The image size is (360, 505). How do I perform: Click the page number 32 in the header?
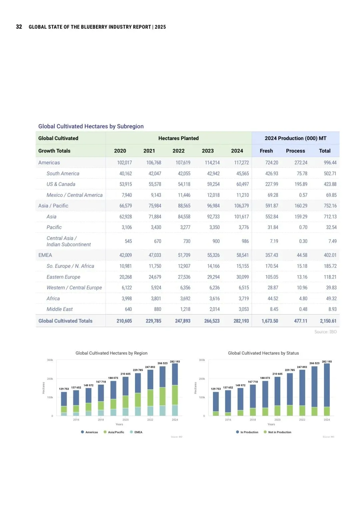(x=19, y=27)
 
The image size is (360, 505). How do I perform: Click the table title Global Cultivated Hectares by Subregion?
(x=91, y=126)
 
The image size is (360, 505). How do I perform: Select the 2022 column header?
(x=178, y=151)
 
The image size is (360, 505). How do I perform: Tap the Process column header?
(x=295, y=151)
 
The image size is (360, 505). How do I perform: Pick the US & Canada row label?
(x=61, y=184)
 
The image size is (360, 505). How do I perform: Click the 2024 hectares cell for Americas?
(x=241, y=163)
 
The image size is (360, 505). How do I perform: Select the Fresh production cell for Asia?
(x=272, y=217)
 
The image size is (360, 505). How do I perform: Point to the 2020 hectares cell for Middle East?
(x=128, y=309)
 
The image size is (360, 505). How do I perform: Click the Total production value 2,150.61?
(x=328, y=321)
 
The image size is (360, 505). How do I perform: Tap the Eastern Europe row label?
(x=63, y=277)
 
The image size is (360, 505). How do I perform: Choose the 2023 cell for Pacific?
(x=214, y=227)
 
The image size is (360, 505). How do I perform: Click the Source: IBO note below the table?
(x=325, y=332)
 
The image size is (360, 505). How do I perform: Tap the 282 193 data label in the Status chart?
(x=327, y=362)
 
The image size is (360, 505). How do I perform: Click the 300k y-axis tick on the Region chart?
(x=50, y=360)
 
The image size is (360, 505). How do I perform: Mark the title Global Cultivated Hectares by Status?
(x=263, y=353)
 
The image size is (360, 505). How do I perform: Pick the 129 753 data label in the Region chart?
(x=64, y=389)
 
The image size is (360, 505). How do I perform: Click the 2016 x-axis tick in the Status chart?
(x=228, y=420)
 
